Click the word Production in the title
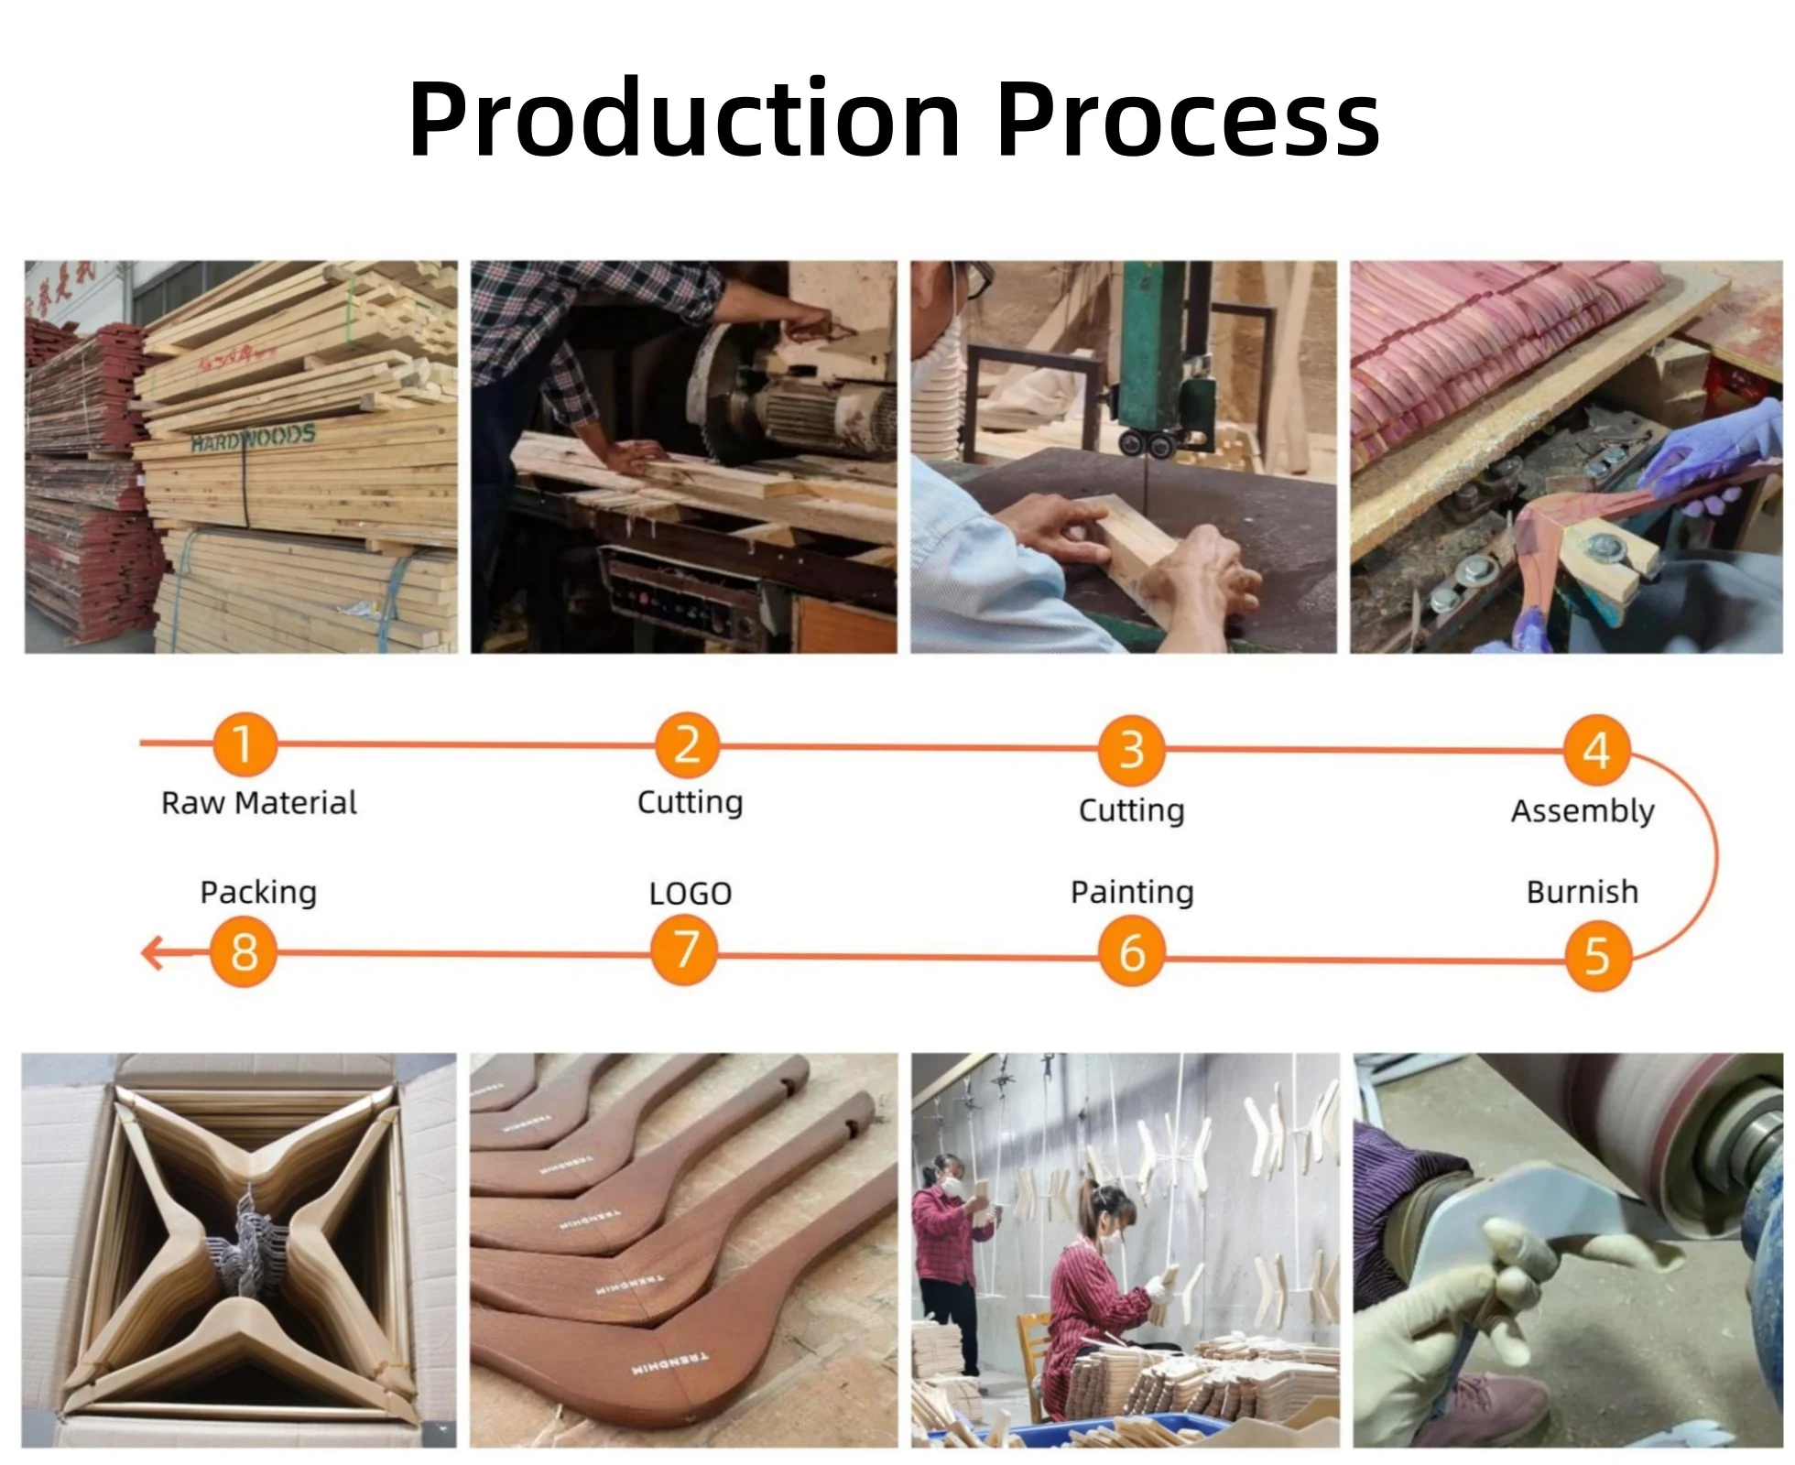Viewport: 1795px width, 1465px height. pos(684,119)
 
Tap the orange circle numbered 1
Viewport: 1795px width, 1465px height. pos(244,743)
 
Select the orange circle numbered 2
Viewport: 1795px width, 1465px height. pos(687,744)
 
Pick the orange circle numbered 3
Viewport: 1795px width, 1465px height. pos(1132,749)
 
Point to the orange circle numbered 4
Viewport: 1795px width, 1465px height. pos(1596,751)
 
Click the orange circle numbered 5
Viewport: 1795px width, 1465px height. pos(1597,957)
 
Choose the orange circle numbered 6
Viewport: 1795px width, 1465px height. pos(1132,953)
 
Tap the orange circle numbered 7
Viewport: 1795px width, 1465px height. pos(685,950)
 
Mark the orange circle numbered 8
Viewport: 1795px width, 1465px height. pos(244,951)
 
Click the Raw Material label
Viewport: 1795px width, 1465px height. pos(259,803)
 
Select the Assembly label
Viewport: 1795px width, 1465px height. pos(1583,811)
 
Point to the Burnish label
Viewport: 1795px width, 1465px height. pos(1583,892)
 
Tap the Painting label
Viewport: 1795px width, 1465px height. pos(1132,892)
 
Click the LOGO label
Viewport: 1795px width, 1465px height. pos(691,894)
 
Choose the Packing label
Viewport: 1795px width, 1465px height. pos(258,892)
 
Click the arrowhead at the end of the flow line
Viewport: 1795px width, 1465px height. pos(152,952)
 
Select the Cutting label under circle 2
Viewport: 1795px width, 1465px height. pos(691,802)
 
